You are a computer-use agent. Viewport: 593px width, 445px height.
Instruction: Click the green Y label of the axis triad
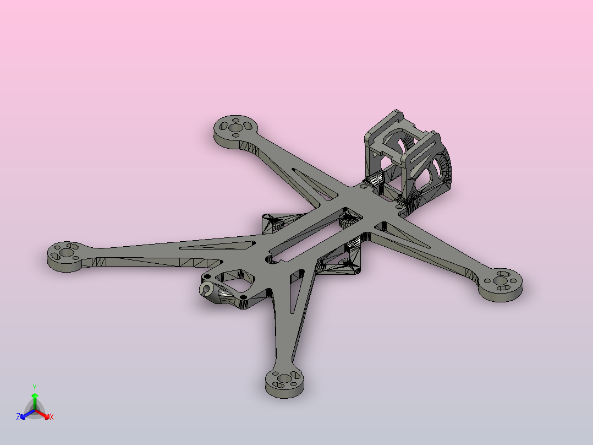pos(35,387)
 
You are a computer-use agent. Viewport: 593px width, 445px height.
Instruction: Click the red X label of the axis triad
pos(52,417)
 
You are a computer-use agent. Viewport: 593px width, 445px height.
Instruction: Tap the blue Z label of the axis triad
pos(18,416)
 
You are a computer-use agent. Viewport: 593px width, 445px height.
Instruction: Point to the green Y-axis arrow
pos(35,401)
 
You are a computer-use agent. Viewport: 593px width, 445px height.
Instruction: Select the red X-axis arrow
pos(42,414)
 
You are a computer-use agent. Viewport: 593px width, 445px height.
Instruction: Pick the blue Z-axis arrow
pos(28,414)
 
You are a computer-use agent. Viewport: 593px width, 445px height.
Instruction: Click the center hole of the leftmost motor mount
pos(66,253)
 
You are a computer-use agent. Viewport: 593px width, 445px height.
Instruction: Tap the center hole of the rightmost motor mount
pos(501,281)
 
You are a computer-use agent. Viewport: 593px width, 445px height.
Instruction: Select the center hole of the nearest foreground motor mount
pos(284,378)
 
